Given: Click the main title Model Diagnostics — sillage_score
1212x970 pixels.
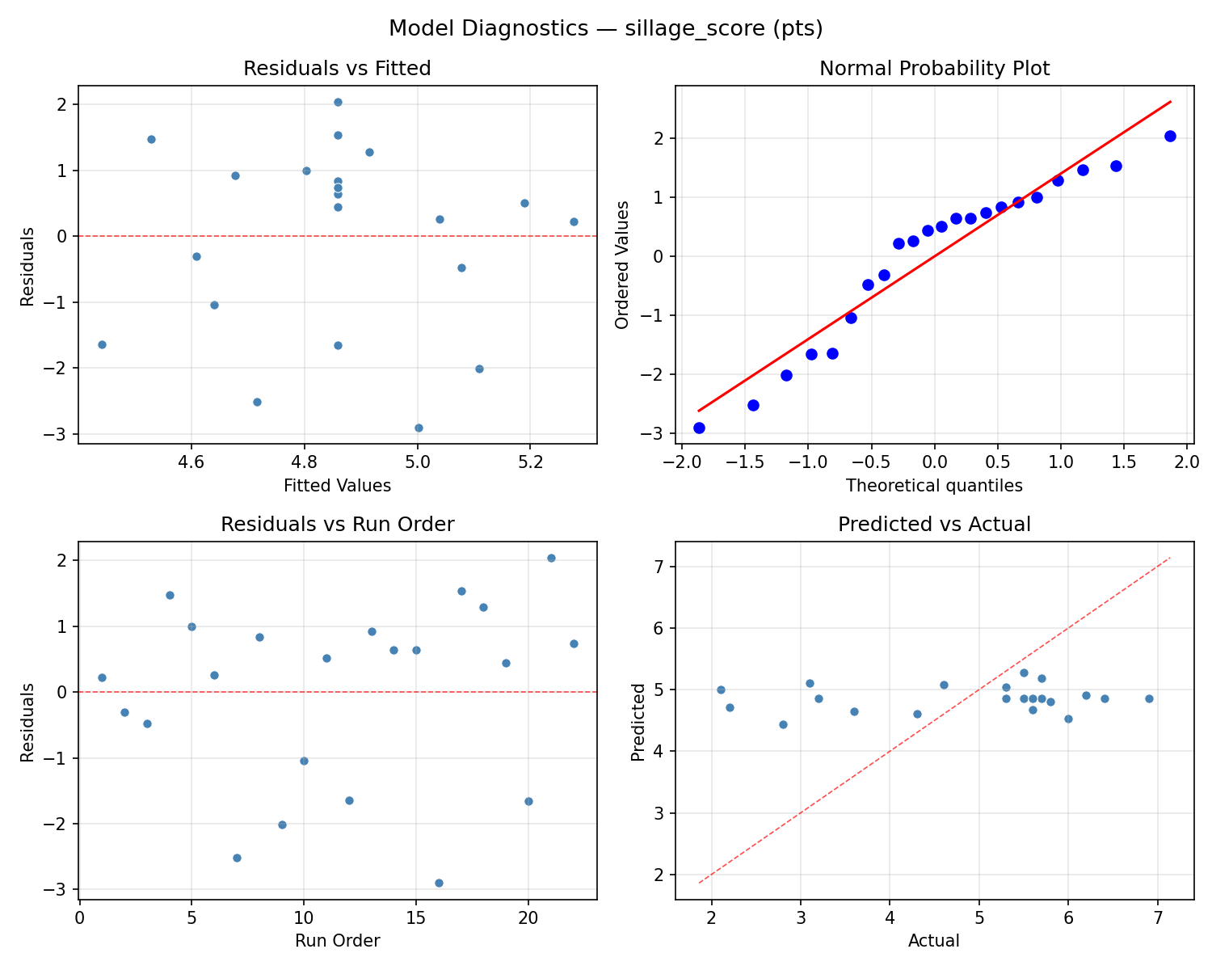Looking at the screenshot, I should (x=605, y=29).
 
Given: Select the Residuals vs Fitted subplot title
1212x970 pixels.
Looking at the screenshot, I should (x=337, y=69).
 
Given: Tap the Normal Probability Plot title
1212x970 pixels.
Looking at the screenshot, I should (x=934, y=69).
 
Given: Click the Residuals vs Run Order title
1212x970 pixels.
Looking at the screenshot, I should (x=337, y=525).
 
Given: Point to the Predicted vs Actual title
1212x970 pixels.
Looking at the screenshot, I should (x=934, y=525).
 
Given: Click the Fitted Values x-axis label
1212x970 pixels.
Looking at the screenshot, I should (x=337, y=486).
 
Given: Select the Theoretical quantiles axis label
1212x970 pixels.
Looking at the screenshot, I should (x=934, y=486).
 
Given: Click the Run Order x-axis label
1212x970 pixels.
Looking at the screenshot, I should (x=337, y=941).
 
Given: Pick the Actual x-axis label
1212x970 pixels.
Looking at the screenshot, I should (x=934, y=941).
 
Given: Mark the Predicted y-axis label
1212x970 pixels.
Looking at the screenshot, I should (x=638, y=721).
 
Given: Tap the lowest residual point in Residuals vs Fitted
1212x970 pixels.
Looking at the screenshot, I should (x=419, y=428).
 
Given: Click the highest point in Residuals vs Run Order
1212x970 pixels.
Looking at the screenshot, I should (x=551, y=558).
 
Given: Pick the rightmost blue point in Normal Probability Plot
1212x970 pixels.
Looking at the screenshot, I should (x=1170, y=136).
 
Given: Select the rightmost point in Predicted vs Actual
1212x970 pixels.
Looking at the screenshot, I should (x=1149, y=698).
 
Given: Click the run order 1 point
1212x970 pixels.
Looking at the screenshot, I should (x=102, y=677).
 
